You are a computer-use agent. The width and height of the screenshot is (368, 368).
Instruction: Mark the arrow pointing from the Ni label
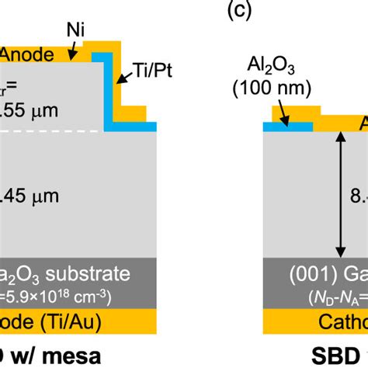click(75, 50)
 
